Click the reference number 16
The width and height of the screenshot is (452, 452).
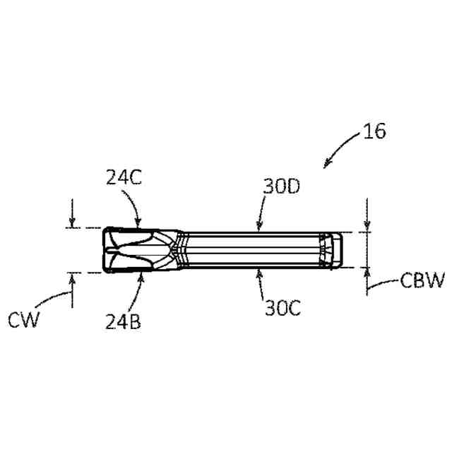point(376,132)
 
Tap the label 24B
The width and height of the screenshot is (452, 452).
point(123,322)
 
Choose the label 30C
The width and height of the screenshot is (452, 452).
point(282,308)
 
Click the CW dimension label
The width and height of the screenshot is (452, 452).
point(24,320)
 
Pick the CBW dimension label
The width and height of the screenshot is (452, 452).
point(422,281)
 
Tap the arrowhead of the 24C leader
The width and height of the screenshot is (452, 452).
point(140,224)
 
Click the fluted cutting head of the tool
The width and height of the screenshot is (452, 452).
point(138,250)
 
